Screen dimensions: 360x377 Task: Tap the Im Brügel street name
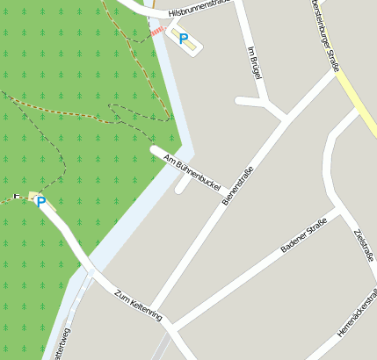click(x=256, y=62)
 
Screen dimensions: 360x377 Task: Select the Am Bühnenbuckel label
click(x=191, y=172)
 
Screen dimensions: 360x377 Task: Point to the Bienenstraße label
click(x=237, y=186)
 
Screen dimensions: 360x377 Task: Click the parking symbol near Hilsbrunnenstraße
click(x=184, y=39)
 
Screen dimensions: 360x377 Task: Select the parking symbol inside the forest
click(x=40, y=202)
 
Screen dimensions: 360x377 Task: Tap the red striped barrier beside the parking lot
click(x=156, y=32)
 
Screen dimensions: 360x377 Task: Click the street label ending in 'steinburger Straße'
click(x=323, y=30)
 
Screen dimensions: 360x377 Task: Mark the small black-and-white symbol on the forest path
click(x=16, y=196)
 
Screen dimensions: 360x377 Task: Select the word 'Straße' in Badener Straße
click(x=315, y=225)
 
